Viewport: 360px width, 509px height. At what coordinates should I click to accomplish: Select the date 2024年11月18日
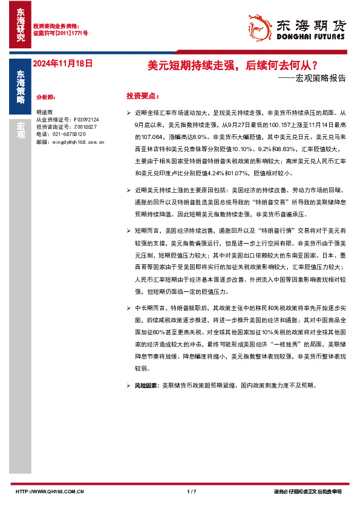click(x=62, y=63)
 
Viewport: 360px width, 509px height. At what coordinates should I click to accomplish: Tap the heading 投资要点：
click(x=143, y=96)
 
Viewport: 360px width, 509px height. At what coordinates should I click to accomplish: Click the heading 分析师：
click(x=46, y=97)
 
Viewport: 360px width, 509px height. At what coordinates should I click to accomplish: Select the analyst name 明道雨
click(x=44, y=112)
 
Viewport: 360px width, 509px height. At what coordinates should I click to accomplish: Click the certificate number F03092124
click(x=87, y=120)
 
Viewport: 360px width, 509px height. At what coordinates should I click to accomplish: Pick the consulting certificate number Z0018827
click(x=87, y=127)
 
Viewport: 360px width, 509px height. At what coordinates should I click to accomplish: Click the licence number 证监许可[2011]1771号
click(x=60, y=33)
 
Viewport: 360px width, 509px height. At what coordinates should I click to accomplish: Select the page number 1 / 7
click(x=192, y=491)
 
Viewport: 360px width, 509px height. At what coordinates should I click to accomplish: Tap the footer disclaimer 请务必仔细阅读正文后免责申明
click(x=308, y=491)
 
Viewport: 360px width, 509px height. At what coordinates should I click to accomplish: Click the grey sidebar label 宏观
click(x=21, y=131)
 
